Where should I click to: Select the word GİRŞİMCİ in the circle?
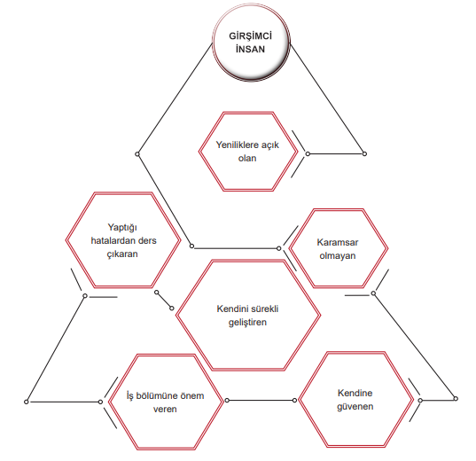251,35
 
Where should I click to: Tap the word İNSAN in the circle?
251,49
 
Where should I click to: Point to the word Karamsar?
338,242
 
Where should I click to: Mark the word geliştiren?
247,322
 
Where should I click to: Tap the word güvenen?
355,407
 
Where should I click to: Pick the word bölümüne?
156,395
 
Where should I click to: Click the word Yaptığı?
122,228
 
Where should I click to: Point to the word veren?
165,409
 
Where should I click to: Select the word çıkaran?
122,254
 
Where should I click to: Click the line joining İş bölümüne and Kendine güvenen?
261,400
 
